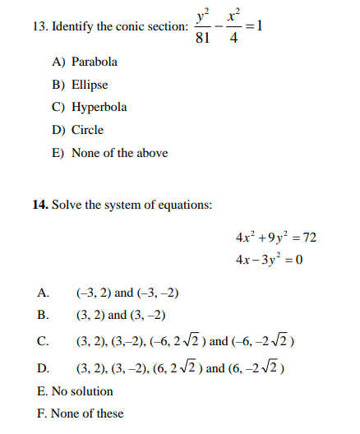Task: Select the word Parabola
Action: click(95, 62)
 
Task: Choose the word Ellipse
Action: click(90, 85)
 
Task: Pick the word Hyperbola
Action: click(99, 107)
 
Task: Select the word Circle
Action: click(87, 130)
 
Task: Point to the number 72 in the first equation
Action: click(310, 238)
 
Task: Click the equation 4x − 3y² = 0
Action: click(270, 261)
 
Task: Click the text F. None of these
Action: click(80, 413)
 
